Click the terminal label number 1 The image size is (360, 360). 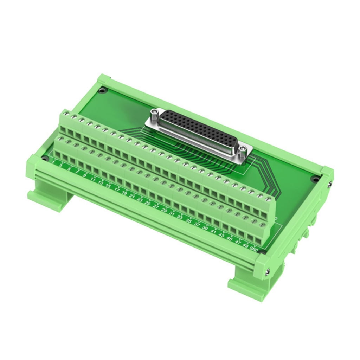coord(53,162)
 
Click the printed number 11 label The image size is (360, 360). coord(93,179)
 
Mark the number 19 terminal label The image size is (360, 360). coord(124,193)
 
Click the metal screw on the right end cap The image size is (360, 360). coord(268,271)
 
